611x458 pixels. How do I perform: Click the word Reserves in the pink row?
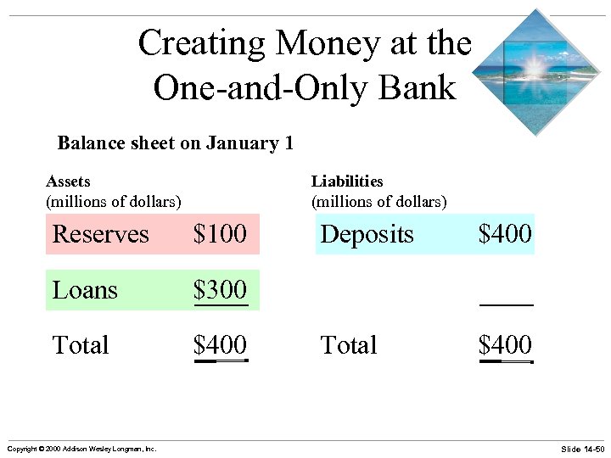100,234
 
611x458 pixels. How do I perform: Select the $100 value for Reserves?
220,234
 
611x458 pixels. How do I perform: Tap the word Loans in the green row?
85,290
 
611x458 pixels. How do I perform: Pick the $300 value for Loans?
220,290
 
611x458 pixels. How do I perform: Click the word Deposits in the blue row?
367,234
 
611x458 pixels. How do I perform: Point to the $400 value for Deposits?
505,234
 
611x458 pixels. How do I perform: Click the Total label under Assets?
81,345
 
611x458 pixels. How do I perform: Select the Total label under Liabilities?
349,345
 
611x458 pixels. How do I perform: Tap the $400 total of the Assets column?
220,345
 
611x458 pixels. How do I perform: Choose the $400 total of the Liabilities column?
505,345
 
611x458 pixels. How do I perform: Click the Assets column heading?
68,181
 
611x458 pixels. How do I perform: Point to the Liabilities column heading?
347,181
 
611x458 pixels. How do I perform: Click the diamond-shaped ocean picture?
535,72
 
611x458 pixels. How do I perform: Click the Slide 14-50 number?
582,448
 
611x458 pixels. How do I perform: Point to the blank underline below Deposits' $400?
507,304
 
